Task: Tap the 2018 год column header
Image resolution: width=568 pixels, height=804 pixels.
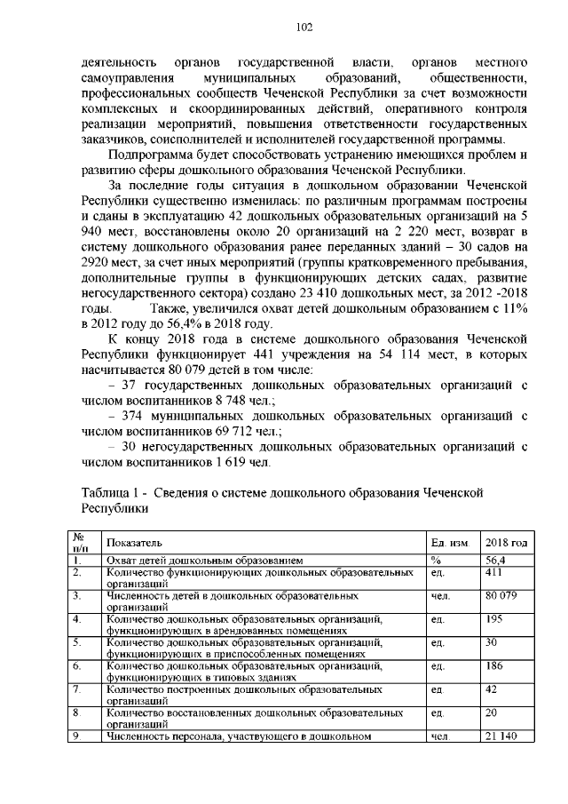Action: pos(506,542)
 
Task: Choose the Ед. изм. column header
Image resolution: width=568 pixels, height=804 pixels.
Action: pos(449,542)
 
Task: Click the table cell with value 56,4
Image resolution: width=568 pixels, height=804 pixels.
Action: pos(495,561)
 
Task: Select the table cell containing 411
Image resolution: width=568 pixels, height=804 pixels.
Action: pos(493,573)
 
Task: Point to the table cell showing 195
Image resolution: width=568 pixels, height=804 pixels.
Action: pos(493,618)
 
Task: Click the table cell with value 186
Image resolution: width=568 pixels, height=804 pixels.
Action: pos(493,665)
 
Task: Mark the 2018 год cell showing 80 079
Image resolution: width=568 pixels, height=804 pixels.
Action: pos(501,595)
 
